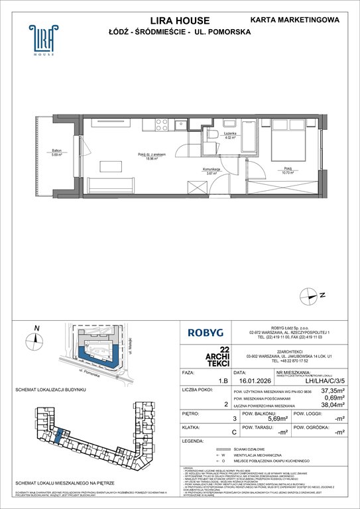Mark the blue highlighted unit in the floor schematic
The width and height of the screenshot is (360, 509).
(x=60, y=437)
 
